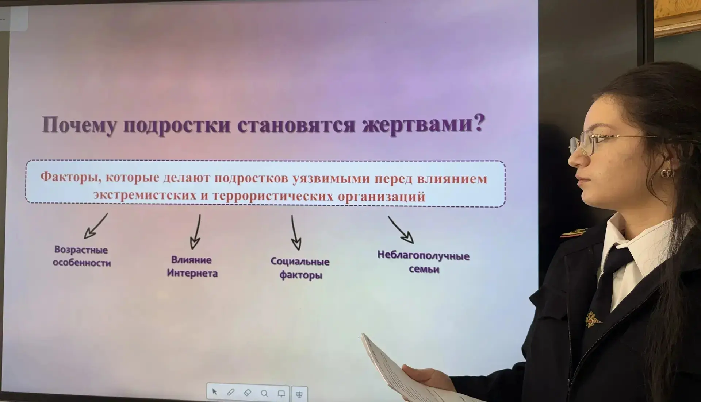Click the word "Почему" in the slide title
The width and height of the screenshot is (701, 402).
pyautogui.click(x=79, y=125)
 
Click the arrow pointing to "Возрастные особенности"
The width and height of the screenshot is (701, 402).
pyautogui.click(x=96, y=226)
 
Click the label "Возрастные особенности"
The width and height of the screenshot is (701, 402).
pyautogui.click(x=81, y=256)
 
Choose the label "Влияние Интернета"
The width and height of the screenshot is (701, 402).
pyautogui.click(x=192, y=266)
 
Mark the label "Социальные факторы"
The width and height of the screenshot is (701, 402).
pyautogui.click(x=300, y=268)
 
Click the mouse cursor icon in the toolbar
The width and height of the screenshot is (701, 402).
pyautogui.click(x=214, y=392)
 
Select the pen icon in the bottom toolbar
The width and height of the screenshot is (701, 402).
pyautogui.click(x=231, y=392)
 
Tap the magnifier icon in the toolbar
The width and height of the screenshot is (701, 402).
pyautogui.click(x=264, y=393)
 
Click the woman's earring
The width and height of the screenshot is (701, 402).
pyautogui.click(x=666, y=173)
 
